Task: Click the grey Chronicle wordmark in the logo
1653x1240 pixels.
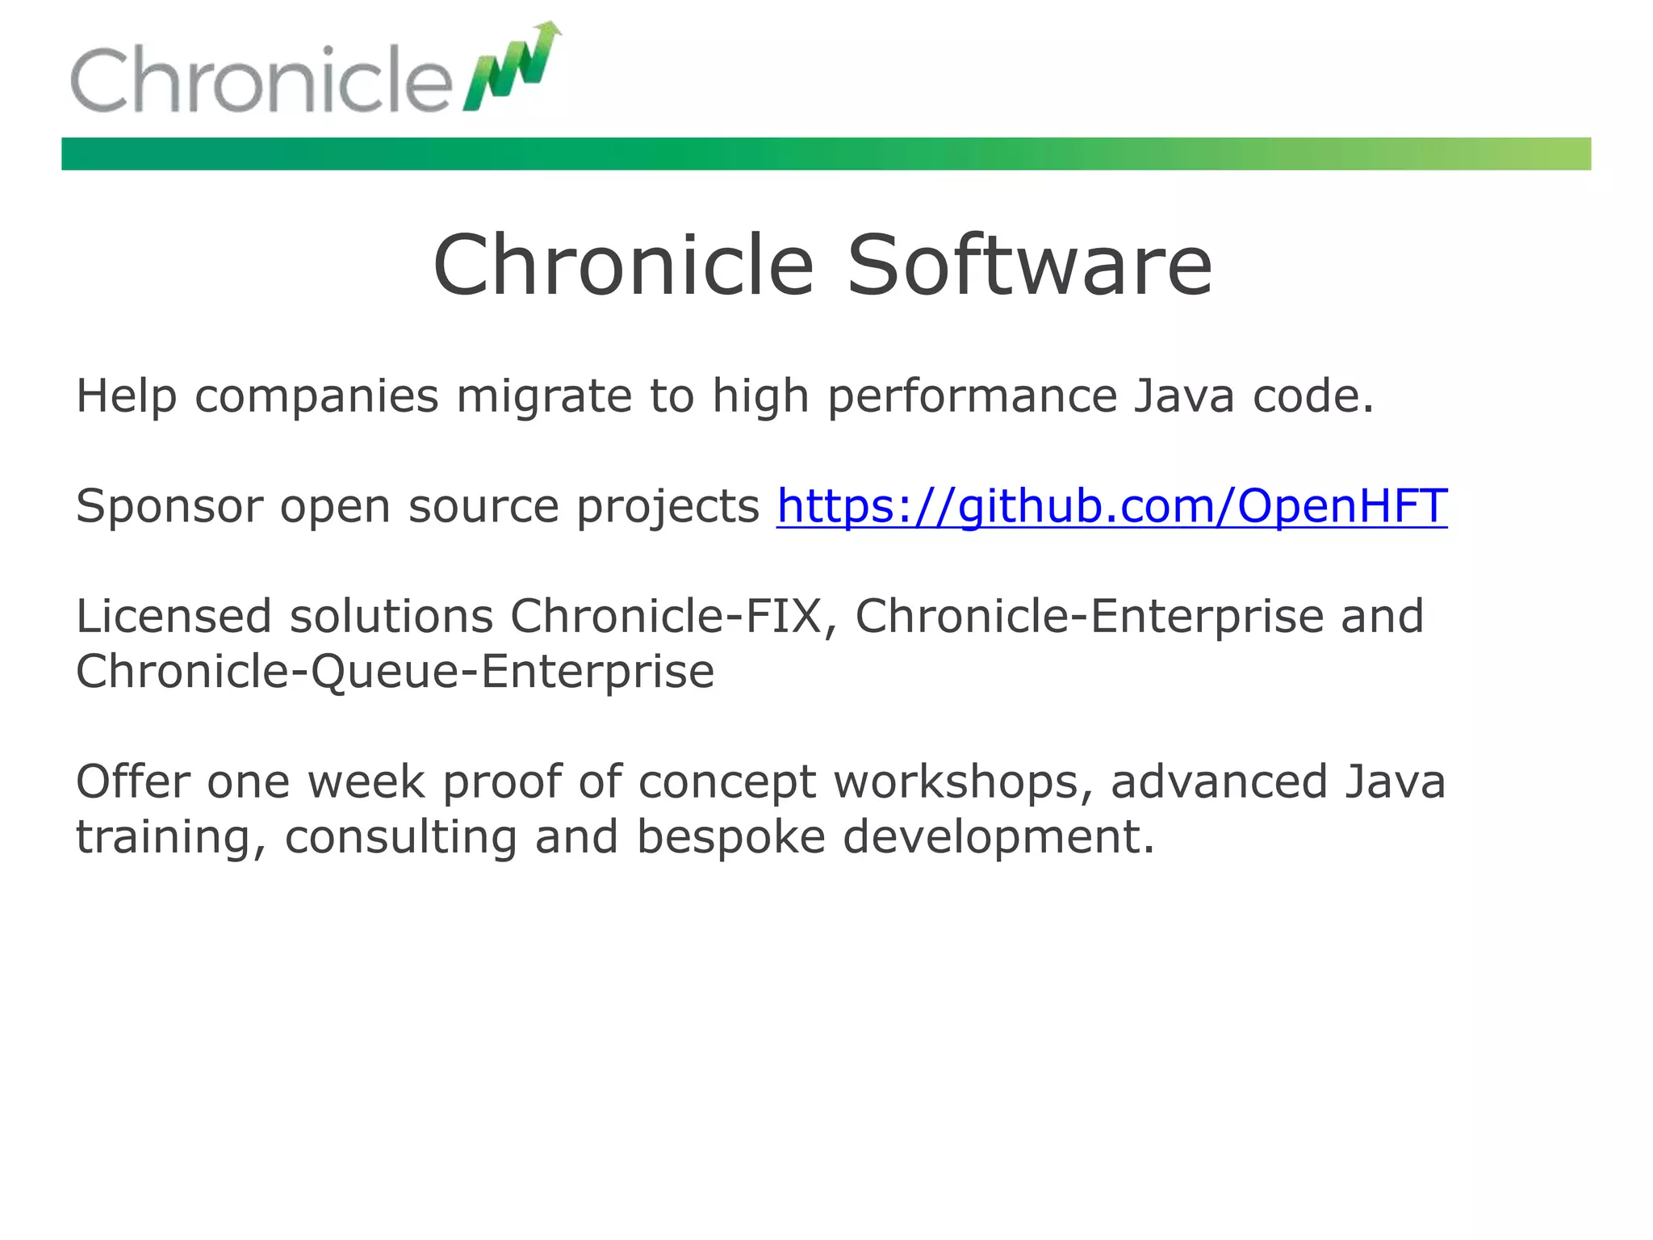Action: [x=261, y=80]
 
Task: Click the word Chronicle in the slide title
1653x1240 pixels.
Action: [x=623, y=266]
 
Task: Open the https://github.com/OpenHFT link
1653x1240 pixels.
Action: [x=1111, y=507]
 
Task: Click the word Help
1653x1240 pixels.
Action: [x=126, y=397]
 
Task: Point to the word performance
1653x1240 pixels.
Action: [x=972, y=397]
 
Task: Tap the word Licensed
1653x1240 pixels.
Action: [x=174, y=617]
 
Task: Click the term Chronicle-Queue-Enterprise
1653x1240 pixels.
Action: [x=395, y=672]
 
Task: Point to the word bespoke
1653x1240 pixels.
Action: [x=730, y=836]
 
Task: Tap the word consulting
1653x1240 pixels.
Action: [x=400, y=836]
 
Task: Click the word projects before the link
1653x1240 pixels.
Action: [x=667, y=507]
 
